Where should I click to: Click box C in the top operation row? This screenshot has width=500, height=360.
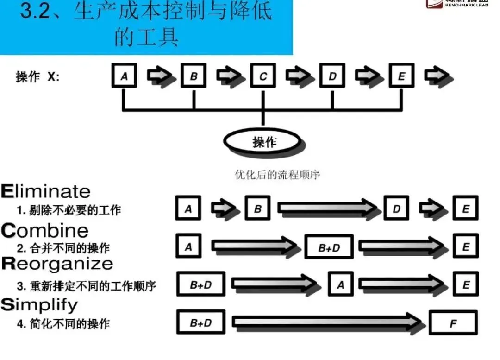[263, 76]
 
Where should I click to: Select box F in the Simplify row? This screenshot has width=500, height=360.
[453, 323]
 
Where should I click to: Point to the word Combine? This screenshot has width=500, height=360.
[44, 230]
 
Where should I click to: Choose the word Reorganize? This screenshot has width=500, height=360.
[57, 264]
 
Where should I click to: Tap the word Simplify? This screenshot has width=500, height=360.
[39, 304]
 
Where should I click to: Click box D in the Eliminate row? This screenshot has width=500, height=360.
[396, 208]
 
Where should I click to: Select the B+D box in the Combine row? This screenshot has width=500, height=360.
[329, 247]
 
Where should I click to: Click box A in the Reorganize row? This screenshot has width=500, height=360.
[340, 284]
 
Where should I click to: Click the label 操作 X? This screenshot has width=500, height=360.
[37, 77]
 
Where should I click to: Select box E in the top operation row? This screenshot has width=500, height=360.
[401, 76]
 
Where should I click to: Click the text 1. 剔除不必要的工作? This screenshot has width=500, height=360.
[69, 210]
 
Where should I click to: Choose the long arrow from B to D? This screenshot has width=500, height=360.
[329, 208]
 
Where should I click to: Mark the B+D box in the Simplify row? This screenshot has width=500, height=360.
[200, 323]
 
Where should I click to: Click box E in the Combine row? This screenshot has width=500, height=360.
[465, 246]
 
